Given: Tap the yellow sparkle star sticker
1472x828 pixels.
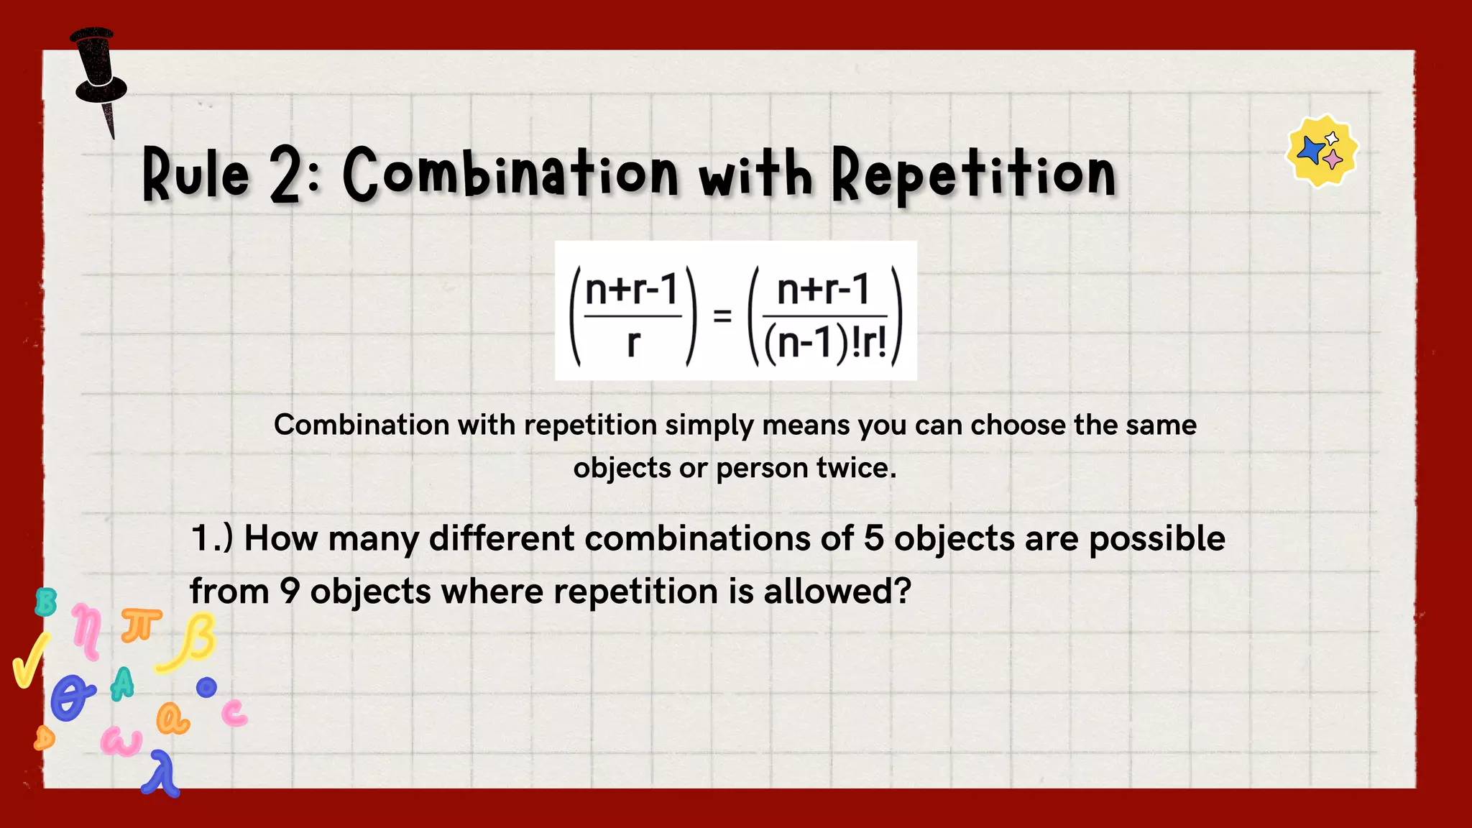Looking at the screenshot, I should click(x=1322, y=151).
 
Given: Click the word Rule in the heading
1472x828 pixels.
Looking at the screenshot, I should click(x=195, y=175).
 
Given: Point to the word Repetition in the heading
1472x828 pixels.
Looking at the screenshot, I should click(x=974, y=175).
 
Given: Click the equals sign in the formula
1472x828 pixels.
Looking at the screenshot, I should click(x=722, y=316).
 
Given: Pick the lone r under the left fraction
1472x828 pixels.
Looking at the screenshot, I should click(x=632, y=344).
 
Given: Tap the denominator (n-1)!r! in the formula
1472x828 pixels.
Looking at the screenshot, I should click(x=825, y=344).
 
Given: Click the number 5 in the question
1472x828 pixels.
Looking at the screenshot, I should click(x=873, y=538).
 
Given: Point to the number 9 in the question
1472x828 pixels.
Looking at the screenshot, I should click(x=289, y=592).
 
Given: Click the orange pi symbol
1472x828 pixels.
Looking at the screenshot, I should click(x=141, y=625).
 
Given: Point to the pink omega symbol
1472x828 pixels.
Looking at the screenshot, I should click(x=121, y=741).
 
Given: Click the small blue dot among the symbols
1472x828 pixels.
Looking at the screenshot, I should click(x=207, y=688).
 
